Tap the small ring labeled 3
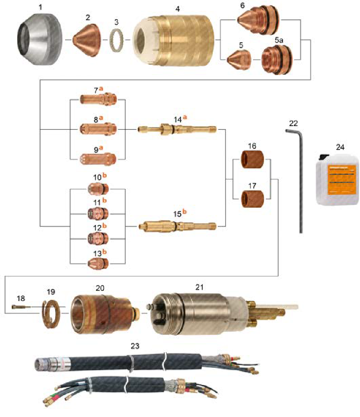[x=116, y=40]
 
